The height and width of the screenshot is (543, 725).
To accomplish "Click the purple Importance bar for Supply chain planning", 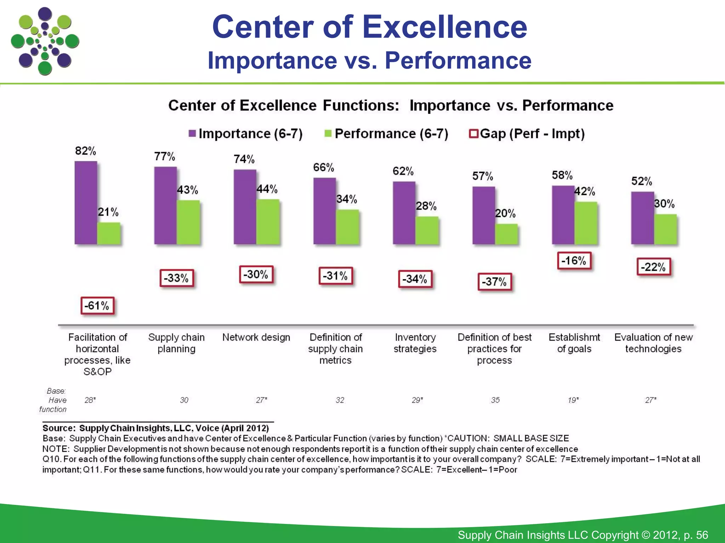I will pyautogui.click(x=165, y=205).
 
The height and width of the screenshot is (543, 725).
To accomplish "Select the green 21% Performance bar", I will pyautogui.click(x=109, y=233).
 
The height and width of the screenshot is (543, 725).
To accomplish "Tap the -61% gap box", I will pyautogui.click(x=97, y=306).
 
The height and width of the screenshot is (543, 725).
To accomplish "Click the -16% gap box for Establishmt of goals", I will pyautogui.click(x=574, y=261).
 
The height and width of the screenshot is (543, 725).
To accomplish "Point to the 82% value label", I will pyautogui.click(x=85, y=151).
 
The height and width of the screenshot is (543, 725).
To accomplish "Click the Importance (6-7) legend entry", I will pyautogui.click(x=246, y=134).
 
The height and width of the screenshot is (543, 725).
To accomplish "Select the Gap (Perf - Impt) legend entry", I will pyautogui.click(x=527, y=134).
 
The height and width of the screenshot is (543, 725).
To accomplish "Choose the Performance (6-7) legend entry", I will pyautogui.click(x=387, y=134).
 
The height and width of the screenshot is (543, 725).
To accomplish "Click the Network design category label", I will pyautogui.click(x=256, y=337).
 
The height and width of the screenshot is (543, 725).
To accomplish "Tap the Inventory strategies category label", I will pyautogui.click(x=415, y=343).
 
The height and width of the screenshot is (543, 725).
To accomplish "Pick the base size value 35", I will pyautogui.click(x=495, y=400).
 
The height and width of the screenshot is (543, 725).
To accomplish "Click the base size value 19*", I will pyautogui.click(x=573, y=400).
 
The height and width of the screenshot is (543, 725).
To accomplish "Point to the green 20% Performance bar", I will pyautogui.click(x=506, y=234).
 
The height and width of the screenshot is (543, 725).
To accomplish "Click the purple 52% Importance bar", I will pyautogui.click(x=642, y=218).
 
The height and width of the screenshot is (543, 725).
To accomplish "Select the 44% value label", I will pyautogui.click(x=267, y=189).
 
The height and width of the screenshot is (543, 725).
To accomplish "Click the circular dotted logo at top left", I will pyautogui.click(x=45, y=41).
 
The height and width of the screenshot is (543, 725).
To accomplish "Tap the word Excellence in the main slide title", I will pyautogui.click(x=445, y=27).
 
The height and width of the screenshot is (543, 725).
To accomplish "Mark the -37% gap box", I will pyautogui.click(x=495, y=282).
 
